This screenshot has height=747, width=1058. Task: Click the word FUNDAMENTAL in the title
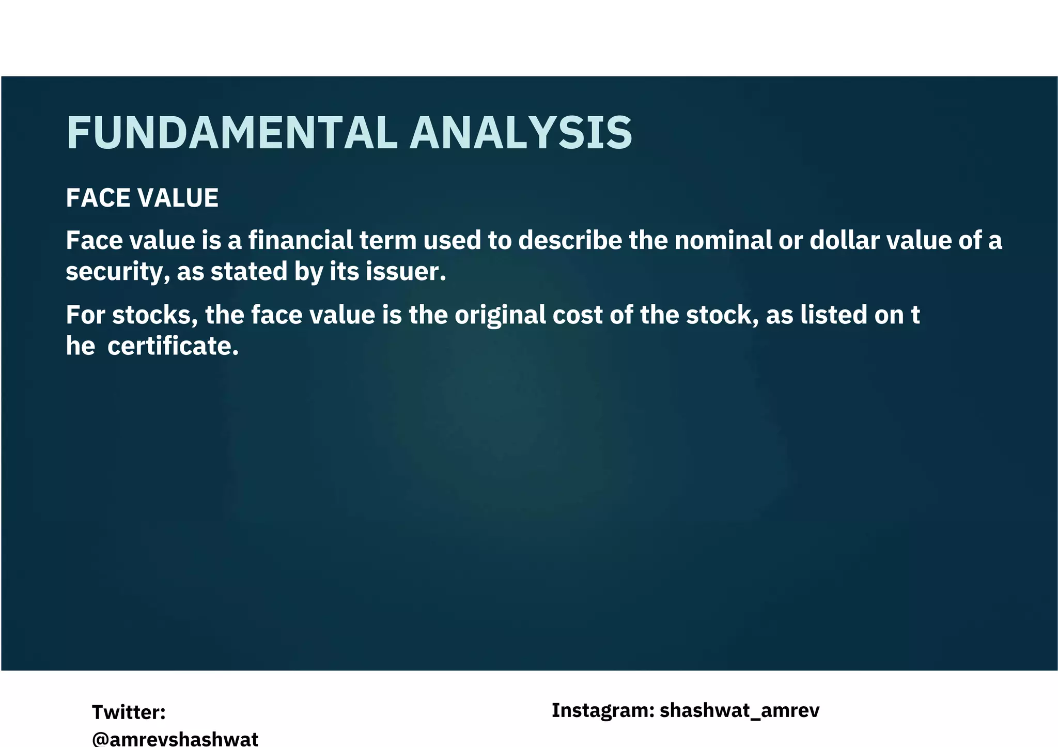pos(232,133)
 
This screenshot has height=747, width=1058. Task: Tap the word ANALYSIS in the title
pos(521,133)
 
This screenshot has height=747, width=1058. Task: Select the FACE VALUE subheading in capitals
pos(142,198)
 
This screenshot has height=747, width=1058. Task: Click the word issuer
pos(406,272)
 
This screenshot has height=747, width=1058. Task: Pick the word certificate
pos(173,346)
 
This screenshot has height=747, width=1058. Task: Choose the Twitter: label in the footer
pos(129,712)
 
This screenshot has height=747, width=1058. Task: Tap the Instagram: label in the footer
pos(603,710)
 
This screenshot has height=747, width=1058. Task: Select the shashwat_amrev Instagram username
pos(739,711)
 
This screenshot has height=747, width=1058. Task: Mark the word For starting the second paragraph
pos(85,315)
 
